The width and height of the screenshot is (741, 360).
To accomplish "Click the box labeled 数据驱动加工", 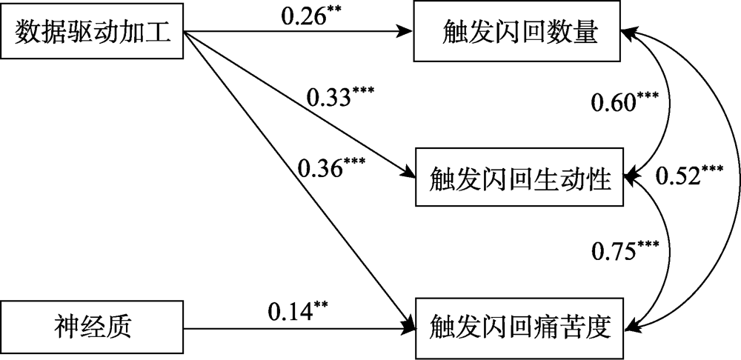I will (x=92, y=33).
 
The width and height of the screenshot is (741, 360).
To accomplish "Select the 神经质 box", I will (x=92, y=324).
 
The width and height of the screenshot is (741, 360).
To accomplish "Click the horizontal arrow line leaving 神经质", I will (x=296, y=324).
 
